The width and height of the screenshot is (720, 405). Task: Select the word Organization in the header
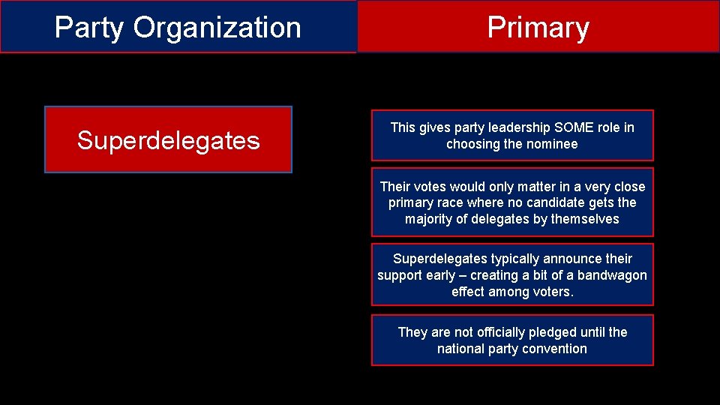217,28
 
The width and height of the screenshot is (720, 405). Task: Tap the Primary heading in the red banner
538,28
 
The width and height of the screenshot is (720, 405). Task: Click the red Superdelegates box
168,140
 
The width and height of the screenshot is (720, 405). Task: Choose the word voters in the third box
553,292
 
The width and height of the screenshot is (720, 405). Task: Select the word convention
553,349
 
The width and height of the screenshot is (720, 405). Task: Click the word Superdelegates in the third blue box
440,259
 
